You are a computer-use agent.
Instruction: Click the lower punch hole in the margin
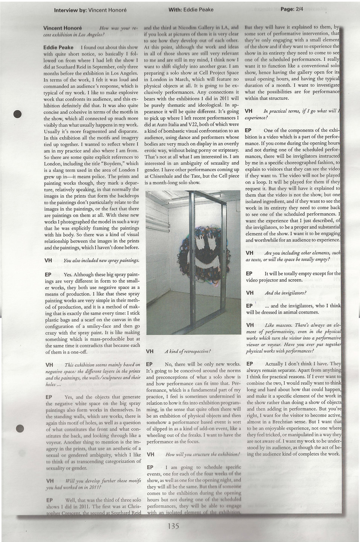click(x=21, y=427)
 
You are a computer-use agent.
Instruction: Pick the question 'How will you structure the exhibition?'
click(x=202, y=454)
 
